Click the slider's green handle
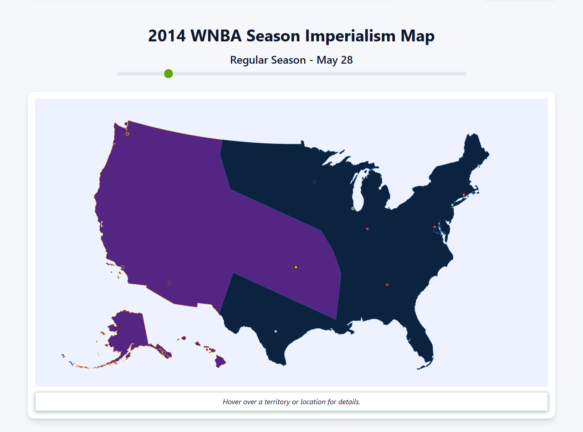(x=169, y=74)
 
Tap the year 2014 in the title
(x=167, y=36)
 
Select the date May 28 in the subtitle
(x=335, y=60)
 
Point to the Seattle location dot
(x=128, y=134)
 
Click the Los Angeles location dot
(x=123, y=267)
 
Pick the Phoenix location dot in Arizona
(x=169, y=283)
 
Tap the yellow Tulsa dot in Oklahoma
(x=296, y=267)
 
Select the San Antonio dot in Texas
(x=276, y=332)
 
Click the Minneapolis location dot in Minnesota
(x=314, y=182)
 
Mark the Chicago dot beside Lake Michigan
(x=353, y=208)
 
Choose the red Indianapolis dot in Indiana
(x=368, y=229)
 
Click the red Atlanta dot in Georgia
(x=387, y=285)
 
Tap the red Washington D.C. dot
(x=435, y=227)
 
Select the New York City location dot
(x=452, y=205)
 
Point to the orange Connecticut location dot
(x=464, y=195)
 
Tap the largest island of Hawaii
(x=220, y=362)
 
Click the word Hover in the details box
(x=231, y=402)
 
